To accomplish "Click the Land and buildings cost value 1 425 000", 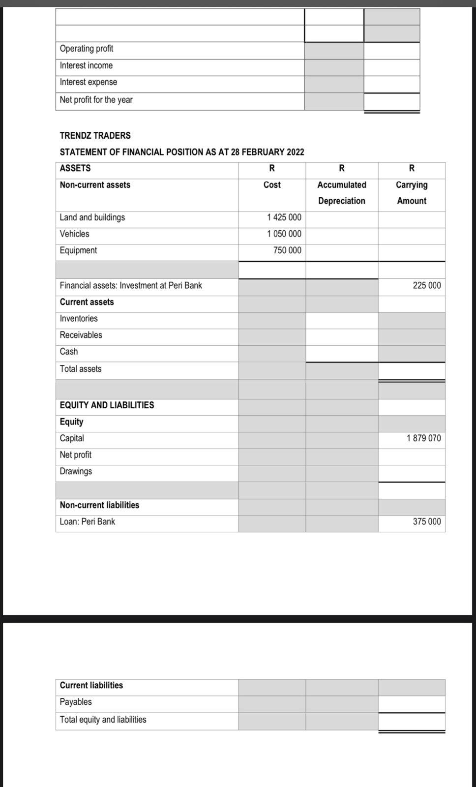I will (x=284, y=217).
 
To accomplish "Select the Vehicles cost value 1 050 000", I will (x=284, y=234).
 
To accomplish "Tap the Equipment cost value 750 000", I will (x=287, y=250).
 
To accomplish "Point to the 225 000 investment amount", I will (x=426, y=285).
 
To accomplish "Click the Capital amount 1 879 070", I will (x=423, y=438).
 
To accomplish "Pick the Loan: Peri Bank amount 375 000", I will (x=426, y=521).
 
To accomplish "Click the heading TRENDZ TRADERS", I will (x=95, y=135).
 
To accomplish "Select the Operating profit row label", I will (x=87, y=49).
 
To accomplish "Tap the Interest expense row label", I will (x=89, y=82).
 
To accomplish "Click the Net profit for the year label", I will (x=96, y=100).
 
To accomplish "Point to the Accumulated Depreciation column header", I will (x=341, y=192).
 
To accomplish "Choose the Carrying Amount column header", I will (x=412, y=192).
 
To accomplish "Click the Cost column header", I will (x=272, y=185).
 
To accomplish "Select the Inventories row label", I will (x=79, y=319).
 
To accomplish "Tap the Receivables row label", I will (x=81, y=335).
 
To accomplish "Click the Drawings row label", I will (x=76, y=471).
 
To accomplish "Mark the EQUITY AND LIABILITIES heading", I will (x=107, y=405).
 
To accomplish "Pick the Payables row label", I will (x=76, y=702).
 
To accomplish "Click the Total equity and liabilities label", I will (x=103, y=720).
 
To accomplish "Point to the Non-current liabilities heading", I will (x=99, y=505).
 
